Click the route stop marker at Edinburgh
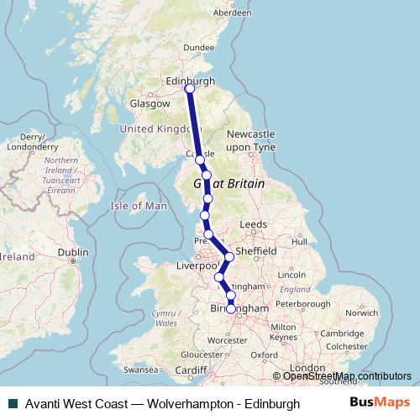tap(190, 88)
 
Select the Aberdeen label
tap(233, 13)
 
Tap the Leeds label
tap(253, 225)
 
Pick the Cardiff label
tap(192, 369)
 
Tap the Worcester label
tap(223, 339)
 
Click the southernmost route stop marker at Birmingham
tap(231, 309)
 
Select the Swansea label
tap(139, 369)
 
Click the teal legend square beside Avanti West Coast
tap(10, 404)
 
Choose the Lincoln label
tap(291, 275)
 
